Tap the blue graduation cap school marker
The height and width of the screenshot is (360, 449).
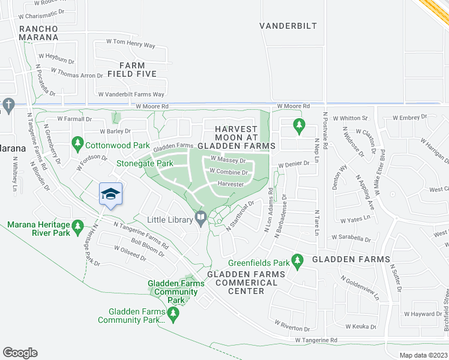pyautogui.click(x=110, y=194)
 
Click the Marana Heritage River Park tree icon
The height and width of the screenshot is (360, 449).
pyautogui.click(x=77, y=226)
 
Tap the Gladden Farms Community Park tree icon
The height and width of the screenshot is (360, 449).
pyautogui.click(x=173, y=313)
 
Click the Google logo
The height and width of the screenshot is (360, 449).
pyautogui.click(x=20, y=352)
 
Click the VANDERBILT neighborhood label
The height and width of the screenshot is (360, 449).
pyautogui.click(x=287, y=26)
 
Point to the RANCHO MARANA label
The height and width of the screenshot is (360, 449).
pyautogui.click(x=38, y=33)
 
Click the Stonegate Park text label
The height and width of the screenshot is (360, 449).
pyautogui.click(x=145, y=163)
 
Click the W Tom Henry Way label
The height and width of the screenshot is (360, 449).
pyautogui.click(x=130, y=46)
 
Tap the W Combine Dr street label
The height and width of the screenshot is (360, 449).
pyautogui.click(x=228, y=172)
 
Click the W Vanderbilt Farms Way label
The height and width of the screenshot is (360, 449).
pyautogui.click(x=131, y=94)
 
